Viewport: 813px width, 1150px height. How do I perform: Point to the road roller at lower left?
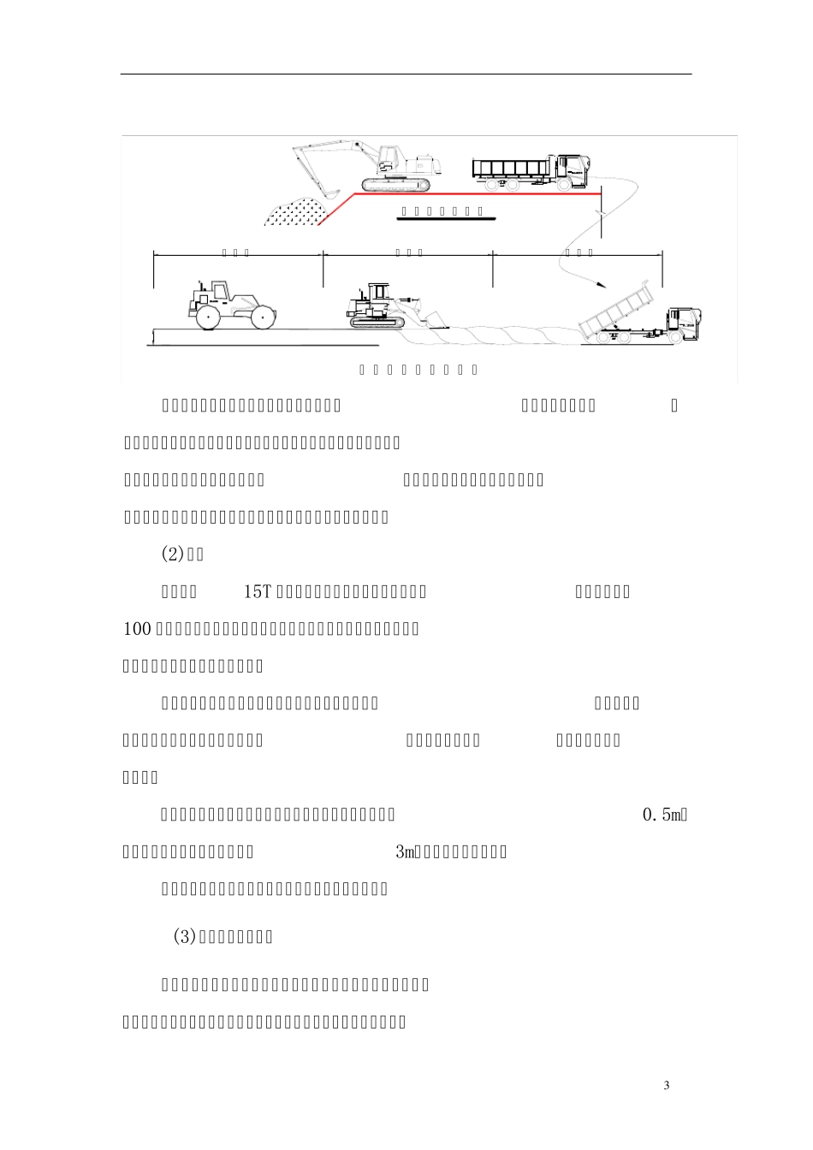tap(229, 306)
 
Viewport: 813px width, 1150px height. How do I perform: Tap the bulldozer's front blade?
tap(435, 318)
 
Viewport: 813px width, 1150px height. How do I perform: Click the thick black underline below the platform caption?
tap(446, 219)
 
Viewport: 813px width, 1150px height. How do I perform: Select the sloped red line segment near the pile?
tap(337, 210)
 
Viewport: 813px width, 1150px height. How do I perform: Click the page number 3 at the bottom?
tap(667, 1086)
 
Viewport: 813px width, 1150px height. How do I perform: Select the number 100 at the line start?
tap(137, 629)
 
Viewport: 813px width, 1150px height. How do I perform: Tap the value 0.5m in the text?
tap(663, 815)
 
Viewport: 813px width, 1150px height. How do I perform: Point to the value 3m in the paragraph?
tap(405, 852)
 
